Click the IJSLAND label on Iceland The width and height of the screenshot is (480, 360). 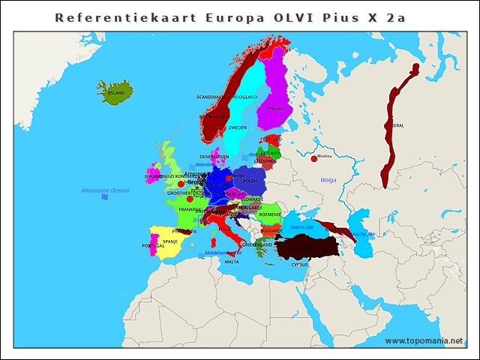[x=116, y=93]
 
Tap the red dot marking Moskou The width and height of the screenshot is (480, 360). [x=313, y=158]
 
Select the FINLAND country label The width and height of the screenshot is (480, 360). [x=275, y=109]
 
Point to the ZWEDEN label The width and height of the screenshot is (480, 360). [x=237, y=127]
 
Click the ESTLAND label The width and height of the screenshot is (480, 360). [x=271, y=139]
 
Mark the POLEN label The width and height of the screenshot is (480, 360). [x=250, y=181]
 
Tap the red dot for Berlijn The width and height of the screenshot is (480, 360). [x=229, y=178]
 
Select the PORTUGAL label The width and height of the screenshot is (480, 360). [x=153, y=246]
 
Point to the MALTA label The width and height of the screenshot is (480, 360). [x=232, y=262]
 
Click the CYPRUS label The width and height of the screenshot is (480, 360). [x=299, y=264]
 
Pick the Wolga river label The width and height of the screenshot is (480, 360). [x=328, y=180]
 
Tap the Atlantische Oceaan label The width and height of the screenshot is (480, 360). [x=105, y=190]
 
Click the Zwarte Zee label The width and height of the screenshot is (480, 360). [x=301, y=226]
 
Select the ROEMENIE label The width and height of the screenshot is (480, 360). [x=269, y=214]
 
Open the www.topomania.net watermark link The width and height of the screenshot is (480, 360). [x=424, y=340]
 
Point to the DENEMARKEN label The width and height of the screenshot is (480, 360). [x=214, y=157]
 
